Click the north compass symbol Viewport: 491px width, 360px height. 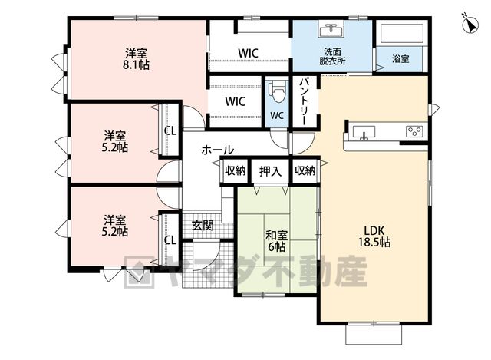pos(470,24)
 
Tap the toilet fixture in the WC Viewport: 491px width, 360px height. pos(278,91)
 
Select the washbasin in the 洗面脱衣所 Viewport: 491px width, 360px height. pos(331,29)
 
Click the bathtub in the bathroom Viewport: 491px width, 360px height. pos(400,34)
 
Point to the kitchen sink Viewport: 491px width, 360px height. pos(364,132)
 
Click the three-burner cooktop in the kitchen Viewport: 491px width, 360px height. pos(414,131)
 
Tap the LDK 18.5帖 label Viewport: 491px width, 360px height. pos(374,236)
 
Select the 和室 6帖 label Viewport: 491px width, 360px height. pos(276,241)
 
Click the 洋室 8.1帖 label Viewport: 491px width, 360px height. pos(136,58)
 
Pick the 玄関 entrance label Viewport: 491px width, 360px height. pos(203,225)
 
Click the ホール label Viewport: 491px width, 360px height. pos(218,150)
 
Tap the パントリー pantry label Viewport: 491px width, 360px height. pos(304,101)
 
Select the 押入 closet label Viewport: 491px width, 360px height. pos(270,171)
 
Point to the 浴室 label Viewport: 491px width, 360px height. pos(400,58)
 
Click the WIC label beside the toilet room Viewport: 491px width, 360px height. pos(236,101)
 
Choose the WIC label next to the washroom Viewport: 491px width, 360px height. pos(248,53)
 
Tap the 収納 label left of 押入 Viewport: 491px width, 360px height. pos(235,170)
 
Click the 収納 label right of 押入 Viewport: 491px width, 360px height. pos(305,170)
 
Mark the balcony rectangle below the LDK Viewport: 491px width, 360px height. pos(374,335)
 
